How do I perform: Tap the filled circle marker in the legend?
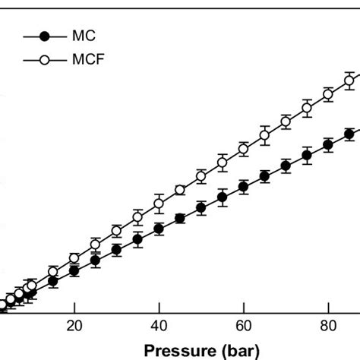coord(45,36)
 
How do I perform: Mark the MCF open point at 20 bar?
coord(74,258)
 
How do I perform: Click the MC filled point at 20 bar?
coord(74,270)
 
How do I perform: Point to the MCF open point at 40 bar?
coord(159,204)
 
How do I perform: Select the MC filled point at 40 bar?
coord(159,229)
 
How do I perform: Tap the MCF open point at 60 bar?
coord(243,150)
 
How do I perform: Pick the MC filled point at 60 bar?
coord(243,186)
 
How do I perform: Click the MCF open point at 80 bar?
coord(327,95)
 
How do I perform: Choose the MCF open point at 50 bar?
coord(201,176)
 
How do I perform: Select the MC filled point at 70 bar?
coord(286,166)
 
